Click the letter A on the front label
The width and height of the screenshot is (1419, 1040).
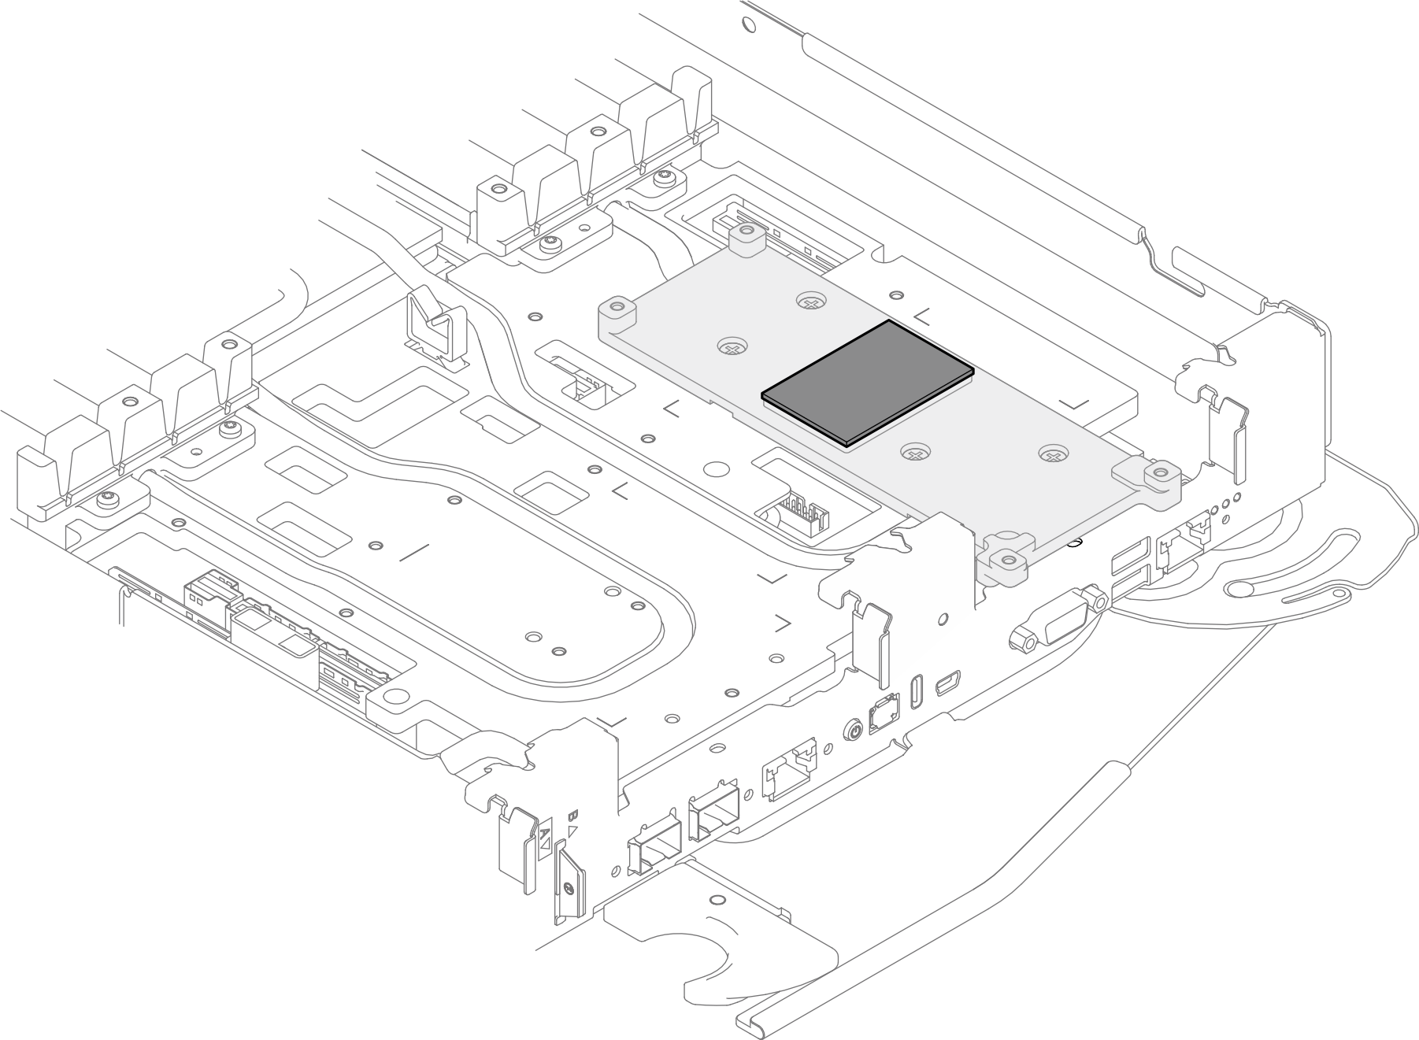(544, 832)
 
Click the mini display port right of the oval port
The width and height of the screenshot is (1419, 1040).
(947, 683)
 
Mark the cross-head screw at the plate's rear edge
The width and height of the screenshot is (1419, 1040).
(810, 300)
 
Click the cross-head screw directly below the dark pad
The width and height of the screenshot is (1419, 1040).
(914, 453)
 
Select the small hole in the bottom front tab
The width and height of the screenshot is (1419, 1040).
(716, 900)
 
